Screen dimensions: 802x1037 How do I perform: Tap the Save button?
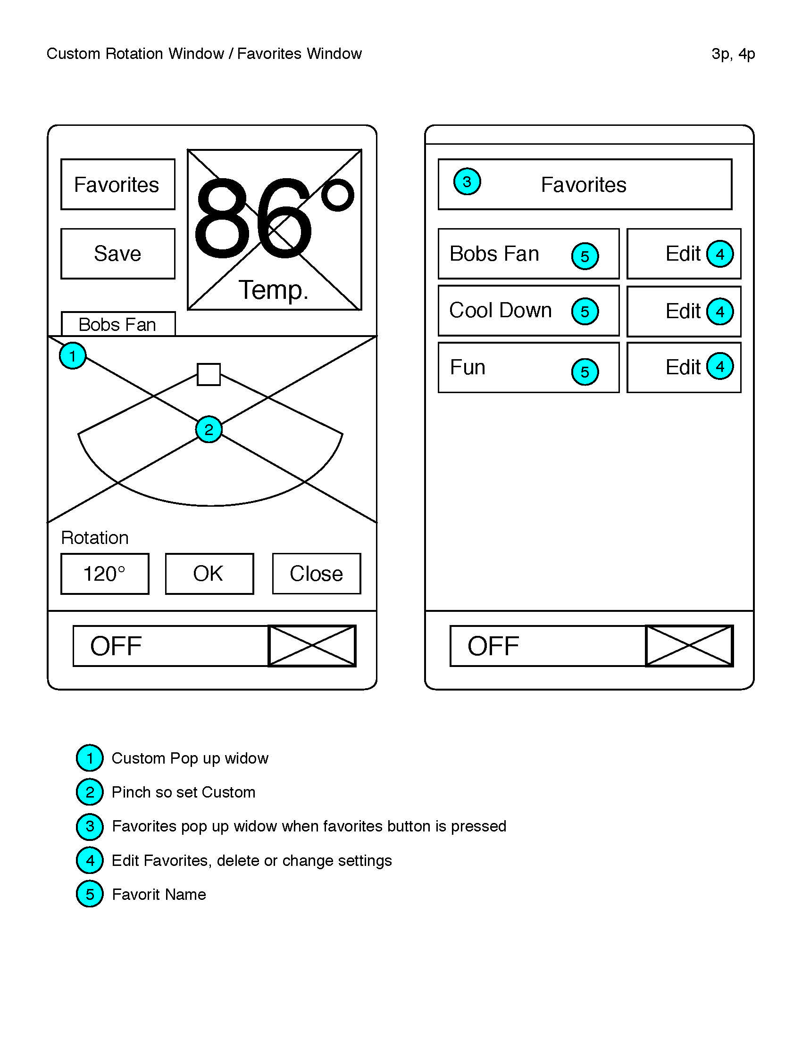(118, 254)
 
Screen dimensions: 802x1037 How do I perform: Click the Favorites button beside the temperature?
(118, 184)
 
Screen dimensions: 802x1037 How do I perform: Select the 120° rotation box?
(105, 574)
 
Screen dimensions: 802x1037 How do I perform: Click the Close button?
(317, 574)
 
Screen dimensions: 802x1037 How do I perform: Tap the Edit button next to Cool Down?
(684, 312)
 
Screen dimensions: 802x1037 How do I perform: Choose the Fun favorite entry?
(529, 368)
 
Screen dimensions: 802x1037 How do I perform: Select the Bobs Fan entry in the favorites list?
(529, 254)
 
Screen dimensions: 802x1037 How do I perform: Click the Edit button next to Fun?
(684, 368)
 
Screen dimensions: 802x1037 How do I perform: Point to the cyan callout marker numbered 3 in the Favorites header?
(467, 181)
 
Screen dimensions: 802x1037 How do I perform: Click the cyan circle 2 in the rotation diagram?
(209, 429)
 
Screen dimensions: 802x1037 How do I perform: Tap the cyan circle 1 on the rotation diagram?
(73, 355)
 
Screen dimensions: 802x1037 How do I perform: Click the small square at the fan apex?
(209, 375)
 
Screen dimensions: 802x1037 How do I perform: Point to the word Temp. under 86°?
(273, 289)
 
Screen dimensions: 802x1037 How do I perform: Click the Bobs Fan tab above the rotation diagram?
(118, 324)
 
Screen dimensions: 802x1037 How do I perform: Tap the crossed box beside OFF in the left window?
(312, 646)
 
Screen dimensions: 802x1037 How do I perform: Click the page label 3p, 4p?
(733, 54)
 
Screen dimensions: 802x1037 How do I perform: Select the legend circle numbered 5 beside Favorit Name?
(90, 894)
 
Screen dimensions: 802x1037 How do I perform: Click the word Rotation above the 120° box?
(95, 538)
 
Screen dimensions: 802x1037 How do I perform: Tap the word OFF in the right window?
(493, 646)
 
